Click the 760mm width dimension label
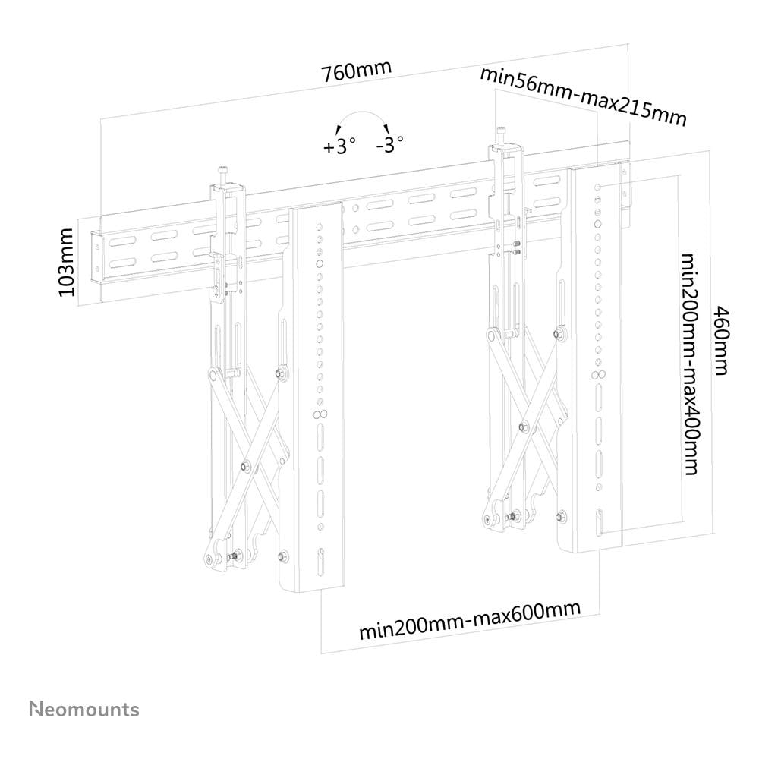pos(356,71)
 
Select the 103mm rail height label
pos(68,262)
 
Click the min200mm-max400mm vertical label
pos(688,364)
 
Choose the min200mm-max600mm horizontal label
pos(470,621)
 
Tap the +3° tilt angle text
pos(339,146)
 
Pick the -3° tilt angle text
pos(389,144)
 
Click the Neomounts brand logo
pos(84,709)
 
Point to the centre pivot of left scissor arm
pos(244,465)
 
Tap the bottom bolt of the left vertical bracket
pos(283,556)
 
